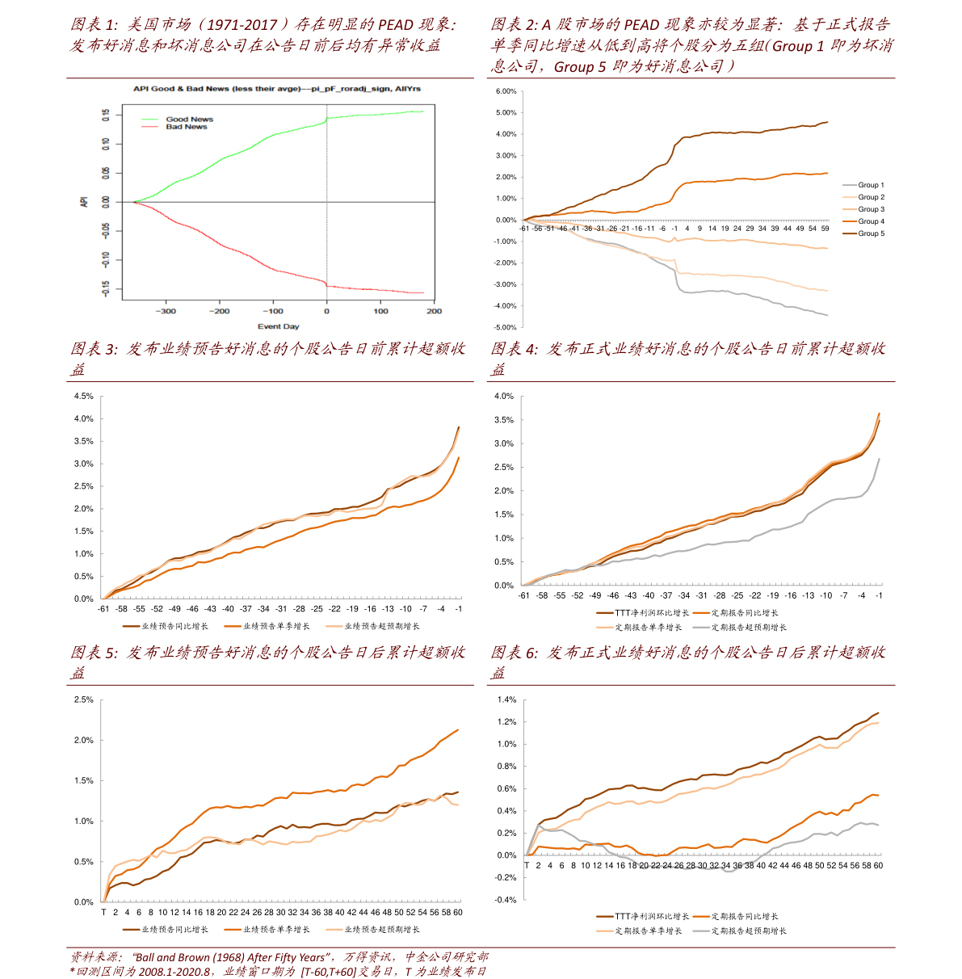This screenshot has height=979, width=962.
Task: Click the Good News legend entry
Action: (189, 119)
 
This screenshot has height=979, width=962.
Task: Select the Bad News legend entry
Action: (187, 127)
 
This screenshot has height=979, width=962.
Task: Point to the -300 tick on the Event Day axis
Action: (166, 311)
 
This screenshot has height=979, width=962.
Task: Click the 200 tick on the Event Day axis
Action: (435, 311)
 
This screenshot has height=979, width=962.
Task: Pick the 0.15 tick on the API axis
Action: (106, 115)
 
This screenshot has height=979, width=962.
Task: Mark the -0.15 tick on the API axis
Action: (106, 288)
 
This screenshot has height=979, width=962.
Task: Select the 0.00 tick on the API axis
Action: (106, 202)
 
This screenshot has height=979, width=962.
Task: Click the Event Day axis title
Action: (278, 326)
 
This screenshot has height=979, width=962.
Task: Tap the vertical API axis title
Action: (84, 202)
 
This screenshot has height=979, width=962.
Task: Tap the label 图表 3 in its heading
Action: (94, 349)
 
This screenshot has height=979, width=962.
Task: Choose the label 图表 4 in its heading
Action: (514, 349)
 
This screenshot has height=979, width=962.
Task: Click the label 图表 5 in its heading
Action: (94, 653)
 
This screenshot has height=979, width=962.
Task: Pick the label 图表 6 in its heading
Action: (514, 653)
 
